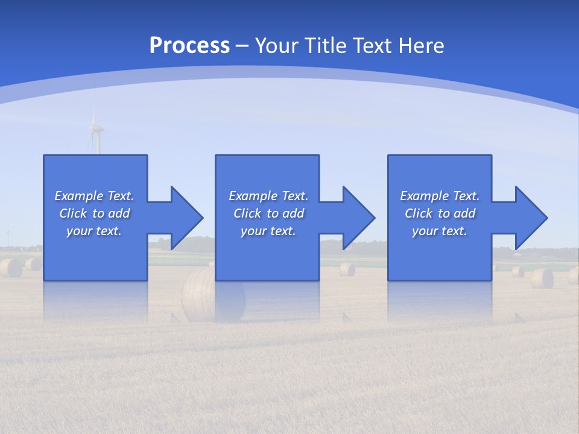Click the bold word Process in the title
point(189,45)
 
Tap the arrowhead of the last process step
point(530,218)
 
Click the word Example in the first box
point(79,196)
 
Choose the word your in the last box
point(425,231)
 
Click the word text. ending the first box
point(109,231)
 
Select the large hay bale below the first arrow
point(199,294)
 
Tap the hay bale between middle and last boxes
point(347,269)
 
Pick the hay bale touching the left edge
point(10,268)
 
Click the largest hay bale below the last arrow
point(542,278)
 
